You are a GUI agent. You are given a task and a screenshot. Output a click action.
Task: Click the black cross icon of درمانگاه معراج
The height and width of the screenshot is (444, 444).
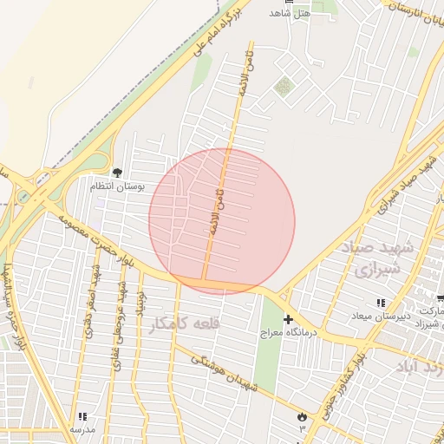pyautogui.click(x=288, y=319)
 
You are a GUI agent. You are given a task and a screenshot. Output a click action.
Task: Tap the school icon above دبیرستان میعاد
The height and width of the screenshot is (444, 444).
pyautogui.click(x=381, y=303)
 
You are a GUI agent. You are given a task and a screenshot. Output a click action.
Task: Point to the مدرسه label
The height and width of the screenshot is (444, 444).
pyautogui.click(x=82, y=429)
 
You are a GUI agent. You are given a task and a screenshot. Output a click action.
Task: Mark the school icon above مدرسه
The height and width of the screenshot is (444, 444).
pyautogui.click(x=82, y=417)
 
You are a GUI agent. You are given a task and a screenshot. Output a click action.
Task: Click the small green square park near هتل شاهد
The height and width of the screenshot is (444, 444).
pyautogui.click(x=283, y=87)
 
